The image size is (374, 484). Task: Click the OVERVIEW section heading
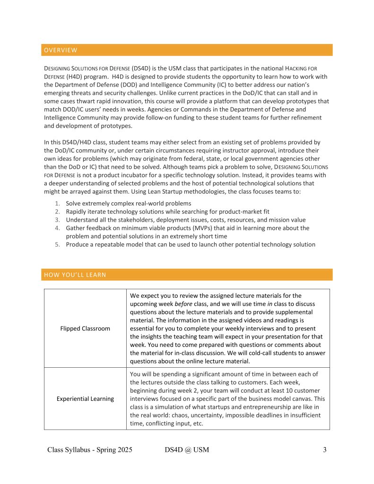(x=60, y=50)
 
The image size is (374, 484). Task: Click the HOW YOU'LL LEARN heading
(x=75, y=275)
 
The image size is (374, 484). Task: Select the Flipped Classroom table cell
(x=85, y=328)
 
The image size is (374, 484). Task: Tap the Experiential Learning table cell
(x=85, y=398)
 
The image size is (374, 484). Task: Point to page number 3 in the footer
(x=325, y=449)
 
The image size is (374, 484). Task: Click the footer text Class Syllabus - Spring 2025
(x=90, y=449)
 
